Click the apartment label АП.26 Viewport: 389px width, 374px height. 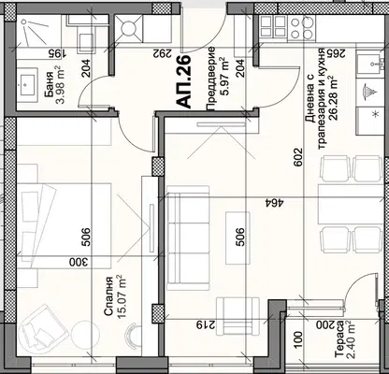pyautogui.click(x=183, y=82)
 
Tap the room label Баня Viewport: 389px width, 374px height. pyautogui.click(x=49, y=85)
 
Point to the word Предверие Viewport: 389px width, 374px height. pyautogui.click(x=211, y=79)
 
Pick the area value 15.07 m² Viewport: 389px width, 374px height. pyautogui.click(x=121, y=297)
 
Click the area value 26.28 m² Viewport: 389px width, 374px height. pyautogui.click(x=335, y=98)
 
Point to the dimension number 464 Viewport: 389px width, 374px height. pyautogui.click(x=273, y=203)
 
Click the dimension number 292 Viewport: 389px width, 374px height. pyautogui.click(x=162, y=53)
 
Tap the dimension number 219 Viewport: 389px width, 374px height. pyautogui.click(x=206, y=325)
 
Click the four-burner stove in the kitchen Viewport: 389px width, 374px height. pyautogui.click(x=301, y=28)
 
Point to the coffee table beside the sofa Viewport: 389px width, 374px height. pyautogui.click(x=238, y=237)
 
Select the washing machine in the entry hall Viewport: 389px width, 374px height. pyautogui.click(x=129, y=28)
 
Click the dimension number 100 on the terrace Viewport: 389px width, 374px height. pyautogui.click(x=298, y=340)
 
